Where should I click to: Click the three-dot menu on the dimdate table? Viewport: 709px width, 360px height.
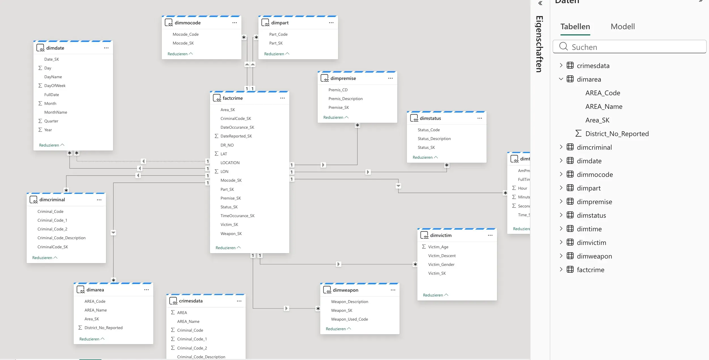106,48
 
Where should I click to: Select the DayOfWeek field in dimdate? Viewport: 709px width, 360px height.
55,86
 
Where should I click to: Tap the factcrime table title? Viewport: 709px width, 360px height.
233,98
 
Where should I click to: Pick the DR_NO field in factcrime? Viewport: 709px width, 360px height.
227,145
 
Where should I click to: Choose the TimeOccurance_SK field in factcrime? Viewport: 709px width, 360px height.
237,216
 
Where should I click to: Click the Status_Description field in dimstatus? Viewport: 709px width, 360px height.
434,139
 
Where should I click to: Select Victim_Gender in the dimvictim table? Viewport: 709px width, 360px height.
441,264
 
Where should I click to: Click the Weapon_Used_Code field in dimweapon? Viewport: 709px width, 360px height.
349,319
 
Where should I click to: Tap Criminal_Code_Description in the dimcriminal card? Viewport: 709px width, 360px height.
61,238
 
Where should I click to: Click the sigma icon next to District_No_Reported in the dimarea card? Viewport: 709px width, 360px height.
80,328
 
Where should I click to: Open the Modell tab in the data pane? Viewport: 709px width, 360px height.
623,27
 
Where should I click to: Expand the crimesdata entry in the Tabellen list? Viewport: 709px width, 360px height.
561,65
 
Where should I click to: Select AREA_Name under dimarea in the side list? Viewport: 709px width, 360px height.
604,107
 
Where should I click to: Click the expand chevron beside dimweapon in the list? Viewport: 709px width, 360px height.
561,256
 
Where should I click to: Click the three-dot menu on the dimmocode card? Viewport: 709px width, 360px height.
235,23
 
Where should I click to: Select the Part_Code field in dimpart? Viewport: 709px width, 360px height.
278,34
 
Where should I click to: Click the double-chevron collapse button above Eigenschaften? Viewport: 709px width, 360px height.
540,3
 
